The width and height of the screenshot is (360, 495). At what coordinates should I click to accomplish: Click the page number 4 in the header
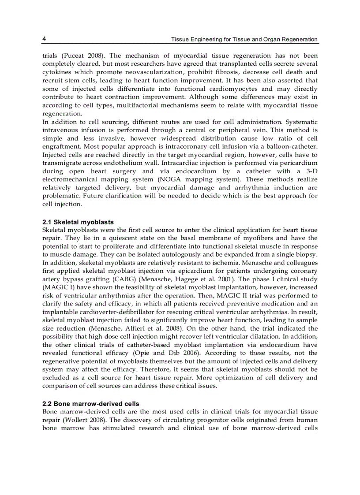44,39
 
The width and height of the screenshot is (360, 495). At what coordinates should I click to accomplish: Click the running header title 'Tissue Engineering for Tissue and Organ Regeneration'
244,39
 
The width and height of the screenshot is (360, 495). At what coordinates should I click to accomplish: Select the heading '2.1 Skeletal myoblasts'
78,222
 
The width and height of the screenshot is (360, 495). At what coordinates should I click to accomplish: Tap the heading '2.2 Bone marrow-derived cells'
90,404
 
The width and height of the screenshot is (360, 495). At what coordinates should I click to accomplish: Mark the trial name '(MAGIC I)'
57,288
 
